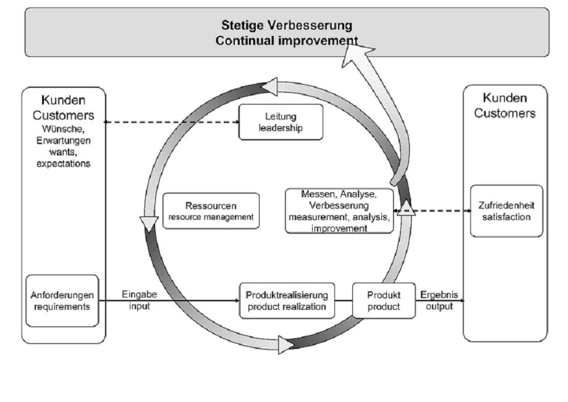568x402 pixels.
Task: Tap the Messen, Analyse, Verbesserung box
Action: tap(339, 210)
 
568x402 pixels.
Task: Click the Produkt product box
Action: tap(383, 301)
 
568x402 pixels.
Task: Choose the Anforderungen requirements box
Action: tap(63, 301)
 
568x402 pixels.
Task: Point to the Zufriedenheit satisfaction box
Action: tap(506, 211)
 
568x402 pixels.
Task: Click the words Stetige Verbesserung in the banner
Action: tap(287, 27)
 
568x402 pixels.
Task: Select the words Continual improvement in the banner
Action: tap(287, 40)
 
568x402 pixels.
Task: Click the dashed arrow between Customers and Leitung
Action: tap(171, 122)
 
